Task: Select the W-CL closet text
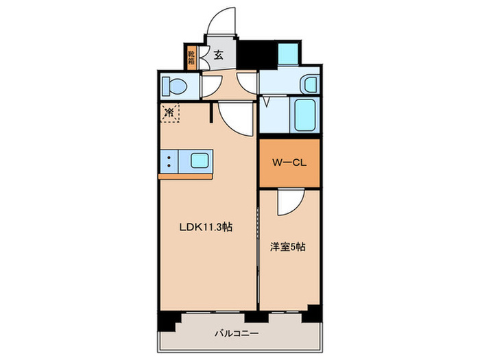point(289,163)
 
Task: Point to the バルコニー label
point(236,334)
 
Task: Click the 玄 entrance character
point(218,56)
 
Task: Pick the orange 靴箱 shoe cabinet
point(192,56)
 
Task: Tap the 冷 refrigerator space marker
point(169,112)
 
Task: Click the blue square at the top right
point(289,53)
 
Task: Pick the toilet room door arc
point(208,85)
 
